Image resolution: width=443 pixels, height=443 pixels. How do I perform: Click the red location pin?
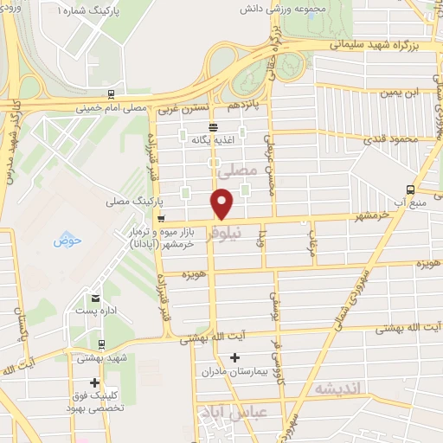coord(222,204)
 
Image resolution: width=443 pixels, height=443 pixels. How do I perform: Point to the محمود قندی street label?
coord(387,138)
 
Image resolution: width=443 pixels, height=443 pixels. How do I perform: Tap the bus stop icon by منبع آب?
coord(410,190)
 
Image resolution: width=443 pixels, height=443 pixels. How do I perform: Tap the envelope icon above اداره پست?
coord(99,298)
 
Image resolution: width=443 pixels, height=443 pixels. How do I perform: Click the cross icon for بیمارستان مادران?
coord(234,358)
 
